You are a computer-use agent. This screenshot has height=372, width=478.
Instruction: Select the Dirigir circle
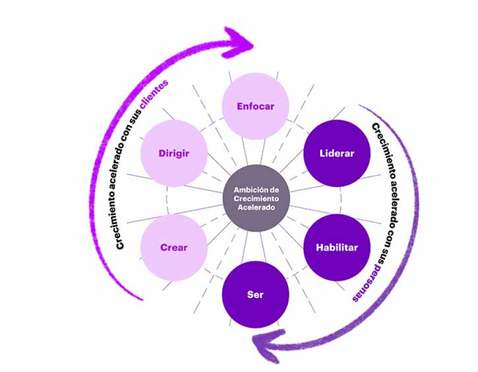point(174,153)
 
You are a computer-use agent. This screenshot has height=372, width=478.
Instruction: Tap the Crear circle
point(174,248)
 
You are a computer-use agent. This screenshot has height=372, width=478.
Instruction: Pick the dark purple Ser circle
point(255,294)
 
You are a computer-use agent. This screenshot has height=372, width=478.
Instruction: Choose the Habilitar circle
point(337,248)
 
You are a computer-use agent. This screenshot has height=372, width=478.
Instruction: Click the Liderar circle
point(337,153)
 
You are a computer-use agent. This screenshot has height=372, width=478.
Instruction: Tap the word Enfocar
point(255,106)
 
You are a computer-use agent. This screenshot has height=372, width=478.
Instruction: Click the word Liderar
point(337,154)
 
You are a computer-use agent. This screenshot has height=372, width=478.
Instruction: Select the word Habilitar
point(337,248)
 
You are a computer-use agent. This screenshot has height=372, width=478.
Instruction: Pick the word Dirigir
point(174,154)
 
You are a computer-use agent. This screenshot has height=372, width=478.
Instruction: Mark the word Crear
point(174,248)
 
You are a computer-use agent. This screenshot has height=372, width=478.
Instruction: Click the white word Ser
point(255,294)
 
